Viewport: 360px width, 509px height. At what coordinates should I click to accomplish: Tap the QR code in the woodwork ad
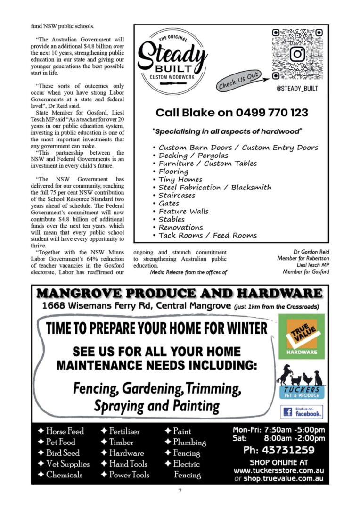pos(297,54)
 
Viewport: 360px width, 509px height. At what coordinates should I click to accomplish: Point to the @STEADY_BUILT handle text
pos(298,87)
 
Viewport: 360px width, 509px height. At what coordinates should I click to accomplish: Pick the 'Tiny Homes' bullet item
pos(180,179)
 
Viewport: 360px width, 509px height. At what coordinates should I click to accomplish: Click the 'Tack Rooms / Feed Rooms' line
pos(207,235)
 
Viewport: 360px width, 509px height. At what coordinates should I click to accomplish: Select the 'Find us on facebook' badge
pos(302,412)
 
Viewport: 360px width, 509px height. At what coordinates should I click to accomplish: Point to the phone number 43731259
pos(278,450)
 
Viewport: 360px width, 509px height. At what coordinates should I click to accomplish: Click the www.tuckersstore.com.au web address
pos(278,471)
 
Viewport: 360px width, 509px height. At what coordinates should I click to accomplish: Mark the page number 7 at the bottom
pos(180,491)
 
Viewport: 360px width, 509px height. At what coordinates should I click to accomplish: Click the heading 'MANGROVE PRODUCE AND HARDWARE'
pos(180,294)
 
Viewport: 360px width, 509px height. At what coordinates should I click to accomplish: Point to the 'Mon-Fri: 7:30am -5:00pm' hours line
pos(278,430)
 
